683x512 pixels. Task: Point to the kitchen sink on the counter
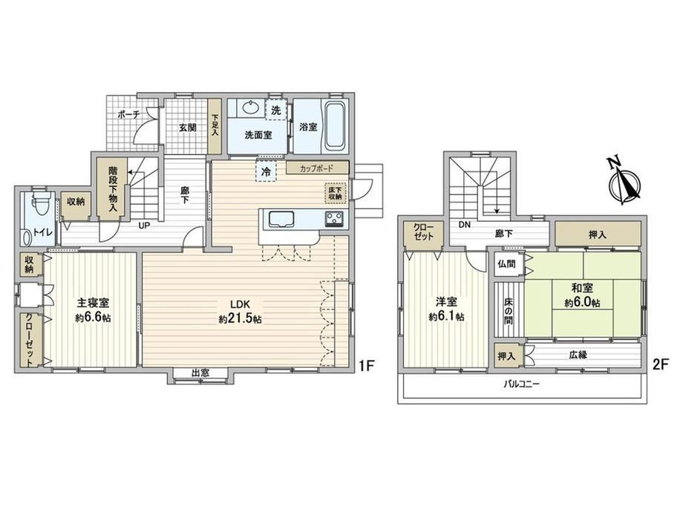282,220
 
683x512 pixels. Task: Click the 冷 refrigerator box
266,171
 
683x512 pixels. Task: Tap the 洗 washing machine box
276,110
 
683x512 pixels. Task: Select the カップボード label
316,168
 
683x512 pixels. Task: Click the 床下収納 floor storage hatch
336,193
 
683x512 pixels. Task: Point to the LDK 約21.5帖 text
240,311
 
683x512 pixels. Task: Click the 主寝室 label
93,302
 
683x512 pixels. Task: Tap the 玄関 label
188,128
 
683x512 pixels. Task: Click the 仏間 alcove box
506,263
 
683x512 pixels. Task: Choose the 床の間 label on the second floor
508,310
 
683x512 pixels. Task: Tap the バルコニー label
521,384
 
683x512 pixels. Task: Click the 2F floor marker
660,364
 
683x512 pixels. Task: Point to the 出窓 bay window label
200,373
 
